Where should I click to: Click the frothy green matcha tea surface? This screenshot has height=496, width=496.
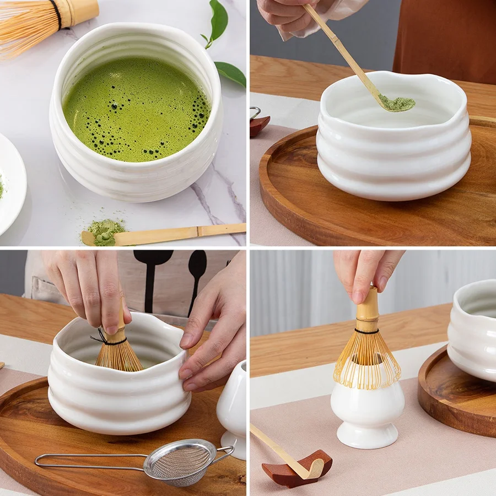coord(135,110)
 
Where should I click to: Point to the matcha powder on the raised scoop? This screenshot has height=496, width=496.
coord(398,103)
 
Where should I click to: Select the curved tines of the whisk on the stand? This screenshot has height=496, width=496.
coord(366,361)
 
